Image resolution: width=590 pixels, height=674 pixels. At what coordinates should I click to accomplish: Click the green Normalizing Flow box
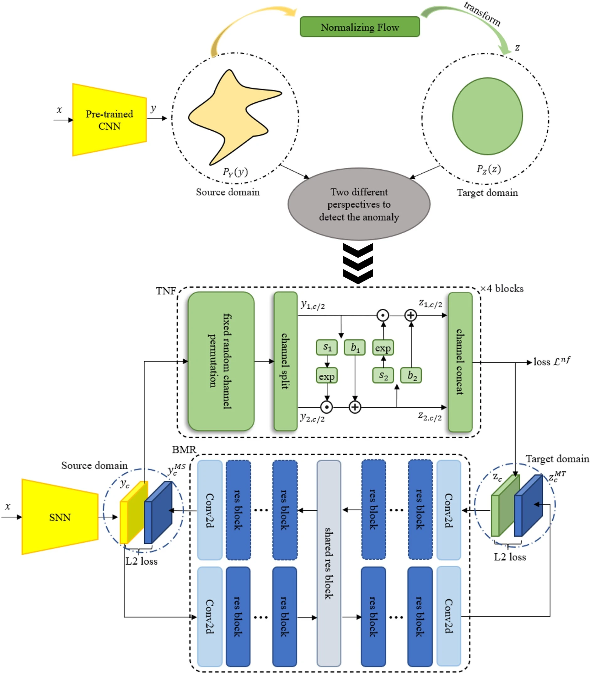tap(360, 27)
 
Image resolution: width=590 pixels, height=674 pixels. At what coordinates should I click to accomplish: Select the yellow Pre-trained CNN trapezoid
tap(109, 120)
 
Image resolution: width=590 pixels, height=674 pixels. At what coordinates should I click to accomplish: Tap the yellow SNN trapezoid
tap(60, 517)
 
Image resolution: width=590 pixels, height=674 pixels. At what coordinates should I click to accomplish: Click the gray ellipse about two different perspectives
tap(359, 204)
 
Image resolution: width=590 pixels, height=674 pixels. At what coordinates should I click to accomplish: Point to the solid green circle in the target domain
tap(487, 116)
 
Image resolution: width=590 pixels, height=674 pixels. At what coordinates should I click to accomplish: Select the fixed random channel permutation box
tap(221, 361)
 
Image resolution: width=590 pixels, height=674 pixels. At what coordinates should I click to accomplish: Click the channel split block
tap(286, 361)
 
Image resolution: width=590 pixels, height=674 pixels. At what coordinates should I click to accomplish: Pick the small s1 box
tap(327, 347)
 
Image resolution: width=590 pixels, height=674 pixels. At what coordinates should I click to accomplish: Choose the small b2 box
tap(411, 376)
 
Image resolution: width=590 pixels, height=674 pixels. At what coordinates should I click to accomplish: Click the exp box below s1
tap(327, 376)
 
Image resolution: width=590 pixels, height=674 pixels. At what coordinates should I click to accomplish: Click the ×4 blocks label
tap(502, 289)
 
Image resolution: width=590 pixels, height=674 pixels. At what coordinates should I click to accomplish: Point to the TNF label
tap(166, 291)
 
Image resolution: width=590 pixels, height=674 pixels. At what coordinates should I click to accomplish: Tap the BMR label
tap(184, 449)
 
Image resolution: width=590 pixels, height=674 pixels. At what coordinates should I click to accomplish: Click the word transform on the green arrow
tap(482, 14)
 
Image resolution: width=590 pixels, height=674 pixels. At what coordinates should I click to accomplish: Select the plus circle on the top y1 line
tap(410, 315)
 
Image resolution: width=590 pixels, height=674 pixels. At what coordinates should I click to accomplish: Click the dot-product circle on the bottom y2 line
tap(326, 407)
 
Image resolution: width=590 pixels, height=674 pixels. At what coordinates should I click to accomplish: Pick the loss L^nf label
tap(551, 361)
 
